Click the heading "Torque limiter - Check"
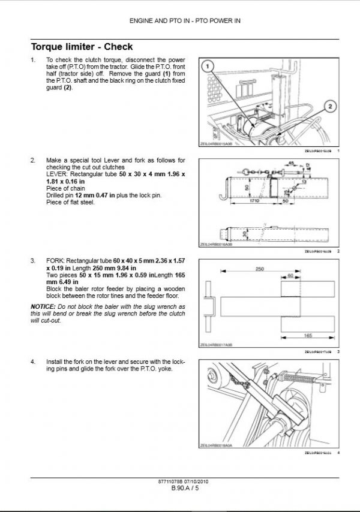[x=82, y=47]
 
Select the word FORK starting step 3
[x=56, y=261]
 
